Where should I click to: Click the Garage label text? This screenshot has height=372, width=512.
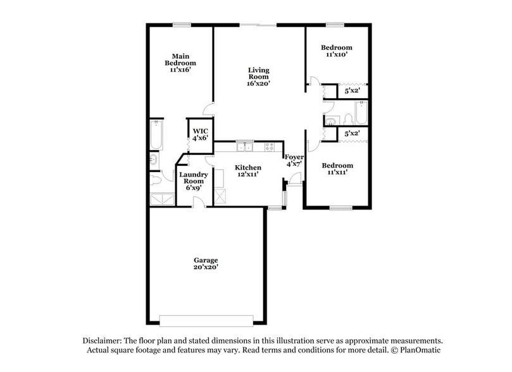(206, 260)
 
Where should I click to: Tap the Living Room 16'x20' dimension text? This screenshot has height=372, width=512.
(259, 83)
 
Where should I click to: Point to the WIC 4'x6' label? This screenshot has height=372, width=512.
(201, 134)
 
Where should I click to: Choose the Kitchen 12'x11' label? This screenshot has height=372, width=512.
(248, 171)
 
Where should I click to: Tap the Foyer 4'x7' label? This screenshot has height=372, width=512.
(294, 160)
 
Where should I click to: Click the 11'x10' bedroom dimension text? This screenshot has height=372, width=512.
(336, 55)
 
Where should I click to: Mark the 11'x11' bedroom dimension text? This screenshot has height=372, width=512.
(336, 173)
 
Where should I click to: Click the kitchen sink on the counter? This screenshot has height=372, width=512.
(245, 147)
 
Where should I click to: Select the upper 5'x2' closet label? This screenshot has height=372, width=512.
(351, 92)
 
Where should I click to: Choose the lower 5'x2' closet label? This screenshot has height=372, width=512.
(351, 134)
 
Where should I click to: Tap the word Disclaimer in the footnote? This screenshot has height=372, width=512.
(106, 340)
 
